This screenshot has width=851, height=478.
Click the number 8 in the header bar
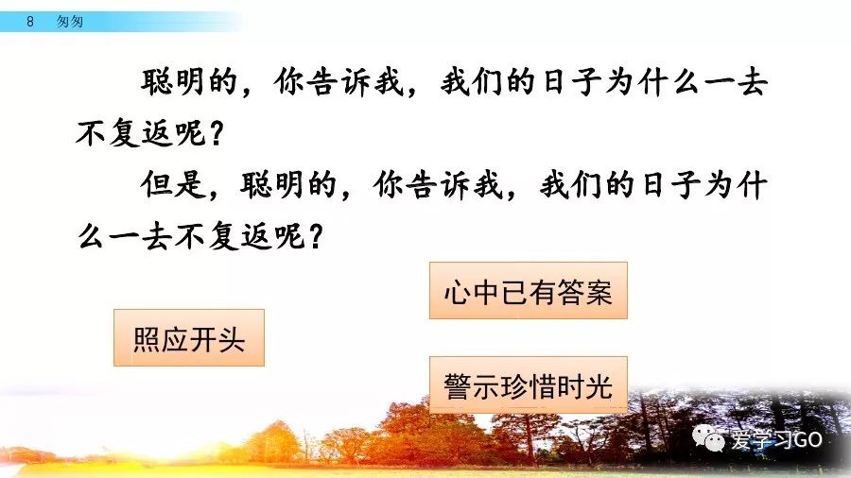click(30, 21)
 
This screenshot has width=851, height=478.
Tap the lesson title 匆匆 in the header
click(70, 21)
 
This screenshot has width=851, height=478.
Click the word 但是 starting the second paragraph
click(173, 185)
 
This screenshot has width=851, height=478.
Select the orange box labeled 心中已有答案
click(528, 291)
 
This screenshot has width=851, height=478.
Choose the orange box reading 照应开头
click(189, 337)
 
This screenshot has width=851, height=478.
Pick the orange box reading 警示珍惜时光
click(528, 384)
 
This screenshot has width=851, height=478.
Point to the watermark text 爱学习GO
click(776, 439)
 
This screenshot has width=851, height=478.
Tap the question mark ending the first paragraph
click(216, 133)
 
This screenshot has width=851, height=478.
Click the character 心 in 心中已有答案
click(457, 293)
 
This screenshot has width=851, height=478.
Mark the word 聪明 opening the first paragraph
click(173, 82)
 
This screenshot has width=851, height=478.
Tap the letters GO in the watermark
click(808, 439)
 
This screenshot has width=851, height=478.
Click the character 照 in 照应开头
click(147, 340)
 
